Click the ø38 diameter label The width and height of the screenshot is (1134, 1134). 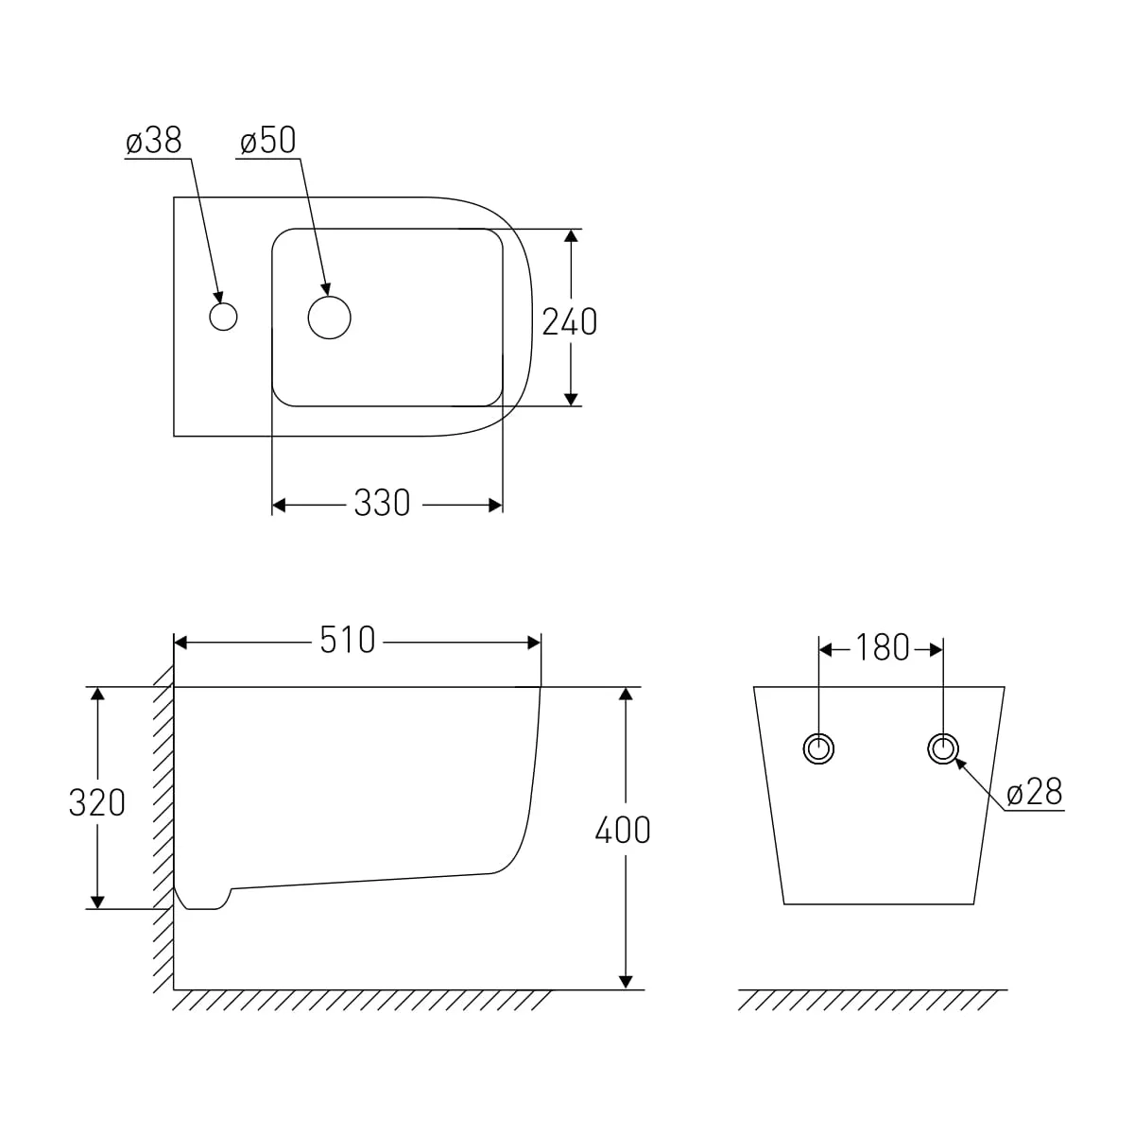tap(154, 141)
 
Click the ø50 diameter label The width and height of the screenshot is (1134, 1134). tap(267, 141)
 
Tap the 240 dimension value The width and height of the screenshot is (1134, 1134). tap(570, 322)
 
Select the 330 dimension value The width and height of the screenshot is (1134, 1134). tap(382, 504)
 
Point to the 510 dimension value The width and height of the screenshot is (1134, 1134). tap(347, 641)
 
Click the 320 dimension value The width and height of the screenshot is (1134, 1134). tap(97, 802)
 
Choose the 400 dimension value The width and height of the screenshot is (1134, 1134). tap(623, 831)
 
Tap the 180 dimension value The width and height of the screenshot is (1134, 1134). tap(882, 648)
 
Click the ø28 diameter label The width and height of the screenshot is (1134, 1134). tap(1035, 792)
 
